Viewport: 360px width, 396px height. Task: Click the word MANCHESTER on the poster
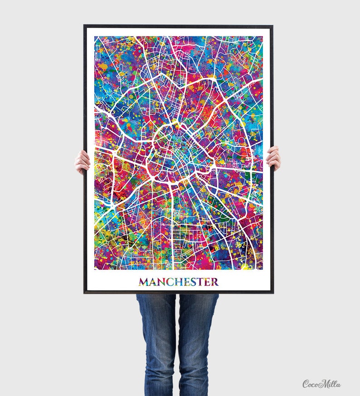[x=178, y=282]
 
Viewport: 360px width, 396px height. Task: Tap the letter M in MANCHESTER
[x=144, y=282]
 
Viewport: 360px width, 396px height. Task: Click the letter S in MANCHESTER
[x=193, y=282]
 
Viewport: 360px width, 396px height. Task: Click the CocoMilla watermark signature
[x=321, y=384]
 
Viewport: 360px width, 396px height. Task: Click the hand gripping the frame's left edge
[x=82, y=162]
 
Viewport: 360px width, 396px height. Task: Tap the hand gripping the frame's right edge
[x=274, y=158]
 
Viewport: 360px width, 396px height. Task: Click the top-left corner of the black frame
[x=85, y=26]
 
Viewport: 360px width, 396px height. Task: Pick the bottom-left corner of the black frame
[x=85, y=292]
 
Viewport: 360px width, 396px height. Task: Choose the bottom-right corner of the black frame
[x=272, y=292]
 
